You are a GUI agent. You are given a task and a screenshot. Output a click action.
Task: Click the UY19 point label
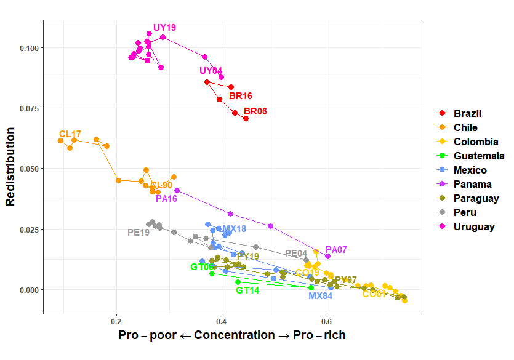(x=164, y=28)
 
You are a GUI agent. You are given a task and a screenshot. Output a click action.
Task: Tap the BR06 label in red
(x=255, y=111)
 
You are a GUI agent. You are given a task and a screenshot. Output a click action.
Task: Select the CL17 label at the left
(x=70, y=134)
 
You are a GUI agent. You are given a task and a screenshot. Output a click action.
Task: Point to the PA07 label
(x=336, y=250)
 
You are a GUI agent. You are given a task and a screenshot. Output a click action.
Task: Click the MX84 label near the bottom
(x=320, y=295)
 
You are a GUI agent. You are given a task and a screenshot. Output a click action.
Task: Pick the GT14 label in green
(x=247, y=290)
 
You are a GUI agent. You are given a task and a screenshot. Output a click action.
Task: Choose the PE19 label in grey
(x=139, y=233)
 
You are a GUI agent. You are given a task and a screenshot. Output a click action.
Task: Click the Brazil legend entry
(x=467, y=113)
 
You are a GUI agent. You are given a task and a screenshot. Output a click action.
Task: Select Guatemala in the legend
(x=479, y=156)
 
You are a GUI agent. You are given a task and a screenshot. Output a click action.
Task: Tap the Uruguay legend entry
(x=474, y=226)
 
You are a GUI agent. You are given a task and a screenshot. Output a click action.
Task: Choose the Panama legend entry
(x=472, y=184)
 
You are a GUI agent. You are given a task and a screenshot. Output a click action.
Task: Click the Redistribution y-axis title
(x=10, y=166)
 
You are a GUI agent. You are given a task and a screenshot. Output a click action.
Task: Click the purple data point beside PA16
(x=177, y=191)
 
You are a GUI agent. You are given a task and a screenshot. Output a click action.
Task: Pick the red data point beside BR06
(x=246, y=118)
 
